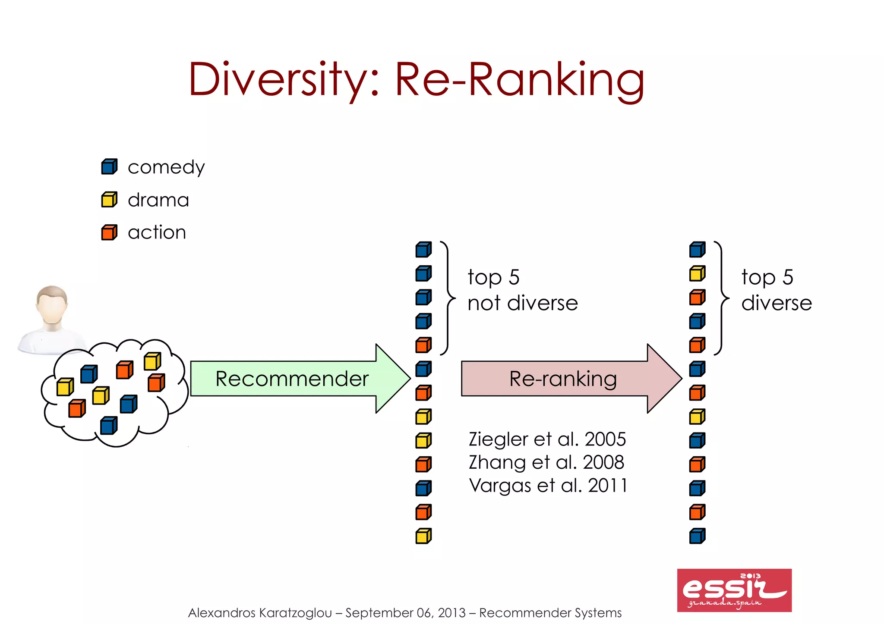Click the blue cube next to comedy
pyautogui.click(x=109, y=167)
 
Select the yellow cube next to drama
pyautogui.click(x=109, y=200)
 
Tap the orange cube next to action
pyautogui.click(x=109, y=232)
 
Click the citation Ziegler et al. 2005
pyautogui.click(x=547, y=439)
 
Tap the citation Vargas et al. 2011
pyautogui.click(x=548, y=486)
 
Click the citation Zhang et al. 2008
pyautogui.click(x=546, y=462)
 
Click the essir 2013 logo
pyautogui.click(x=734, y=590)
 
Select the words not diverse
pyautogui.click(x=522, y=303)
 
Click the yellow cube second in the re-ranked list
pyautogui.click(x=697, y=274)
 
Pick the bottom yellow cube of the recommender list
pyautogui.click(x=423, y=536)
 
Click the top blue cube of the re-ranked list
pyautogui.click(x=697, y=250)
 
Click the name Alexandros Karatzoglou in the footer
pyautogui.click(x=260, y=613)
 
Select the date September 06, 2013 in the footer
pyautogui.click(x=405, y=613)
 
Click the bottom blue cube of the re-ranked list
pyautogui.click(x=697, y=536)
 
